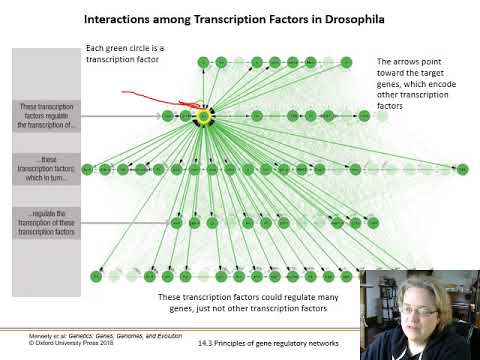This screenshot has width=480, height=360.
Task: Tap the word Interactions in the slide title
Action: click(123, 18)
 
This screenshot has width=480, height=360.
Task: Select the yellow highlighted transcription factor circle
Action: click(203, 116)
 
